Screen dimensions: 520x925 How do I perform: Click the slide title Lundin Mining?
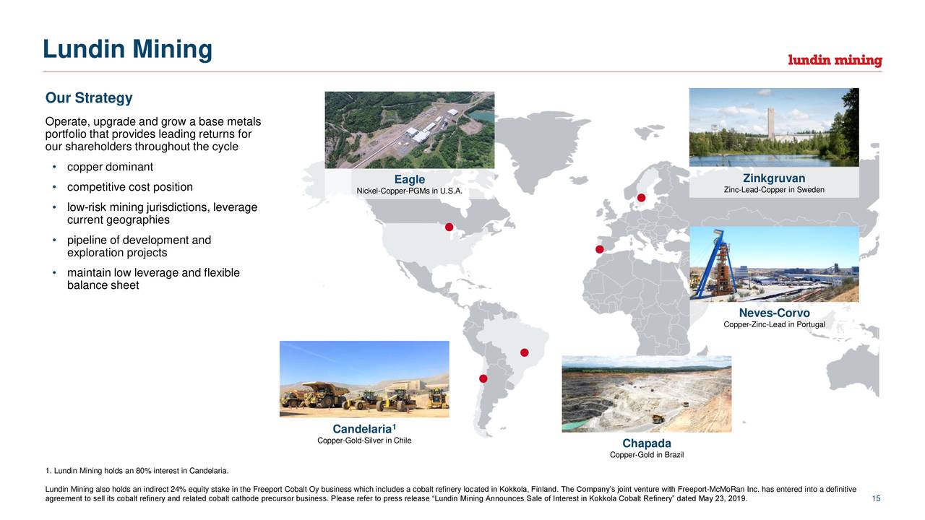click(x=127, y=50)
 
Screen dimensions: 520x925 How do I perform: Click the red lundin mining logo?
click(x=835, y=61)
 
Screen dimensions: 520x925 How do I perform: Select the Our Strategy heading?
click(x=89, y=98)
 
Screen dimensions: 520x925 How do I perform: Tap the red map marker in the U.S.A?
click(x=449, y=227)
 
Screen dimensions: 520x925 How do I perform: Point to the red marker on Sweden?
click(x=641, y=198)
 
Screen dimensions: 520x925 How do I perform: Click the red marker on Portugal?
click(x=599, y=250)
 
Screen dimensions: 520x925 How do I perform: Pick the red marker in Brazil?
click(x=525, y=352)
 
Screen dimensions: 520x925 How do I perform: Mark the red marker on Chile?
click(x=483, y=378)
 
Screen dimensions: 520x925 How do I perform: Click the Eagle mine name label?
click(x=410, y=180)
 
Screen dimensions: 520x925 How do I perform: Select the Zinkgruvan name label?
click(x=773, y=178)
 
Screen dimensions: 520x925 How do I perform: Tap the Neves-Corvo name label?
click(x=774, y=313)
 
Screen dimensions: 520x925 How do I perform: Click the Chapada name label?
click(x=647, y=443)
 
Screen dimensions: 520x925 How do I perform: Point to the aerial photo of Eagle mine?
click(x=410, y=130)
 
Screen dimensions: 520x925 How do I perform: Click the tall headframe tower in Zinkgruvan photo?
click(x=772, y=123)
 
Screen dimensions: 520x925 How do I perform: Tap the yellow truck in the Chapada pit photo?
click(x=658, y=418)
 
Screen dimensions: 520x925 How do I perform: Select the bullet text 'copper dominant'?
click(x=110, y=168)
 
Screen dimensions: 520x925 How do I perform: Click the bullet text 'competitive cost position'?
click(x=129, y=188)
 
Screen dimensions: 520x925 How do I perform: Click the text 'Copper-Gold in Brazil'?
click(x=647, y=455)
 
